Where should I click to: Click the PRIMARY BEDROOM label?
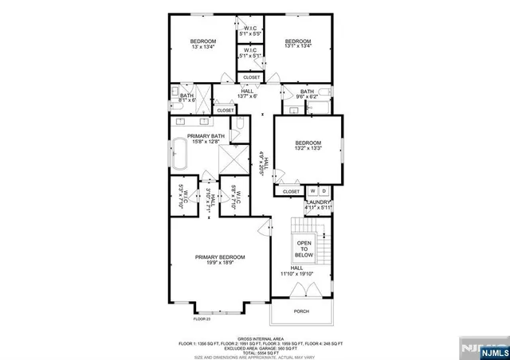221,256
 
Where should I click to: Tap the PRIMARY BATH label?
206,136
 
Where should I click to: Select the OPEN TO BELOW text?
304,248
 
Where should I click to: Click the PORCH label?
301,311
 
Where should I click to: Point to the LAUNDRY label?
319,203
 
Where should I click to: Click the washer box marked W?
313,191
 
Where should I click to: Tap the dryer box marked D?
324,191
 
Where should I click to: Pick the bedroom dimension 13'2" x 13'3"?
308,148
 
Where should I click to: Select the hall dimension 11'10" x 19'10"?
296,274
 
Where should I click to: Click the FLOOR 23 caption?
202,319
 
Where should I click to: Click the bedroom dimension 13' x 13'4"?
203,47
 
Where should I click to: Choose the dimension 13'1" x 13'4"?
298,47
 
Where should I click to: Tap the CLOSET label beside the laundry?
291,191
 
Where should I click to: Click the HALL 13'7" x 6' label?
247,94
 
